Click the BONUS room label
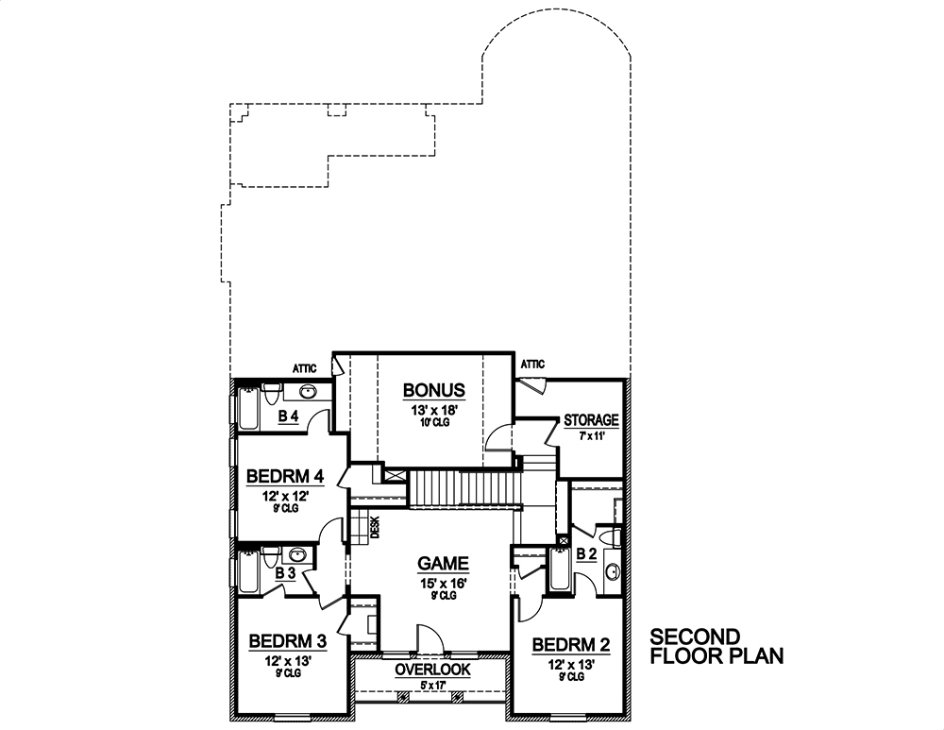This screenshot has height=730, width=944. coord(433,390)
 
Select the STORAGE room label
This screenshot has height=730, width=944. coord(591,420)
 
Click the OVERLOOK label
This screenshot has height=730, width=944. coord(432,670)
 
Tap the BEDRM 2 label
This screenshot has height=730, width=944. coord(571,645)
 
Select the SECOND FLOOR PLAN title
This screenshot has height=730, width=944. coord(717,645)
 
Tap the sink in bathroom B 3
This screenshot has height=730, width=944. coord(297,555)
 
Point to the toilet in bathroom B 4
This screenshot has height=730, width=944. coord(271,391)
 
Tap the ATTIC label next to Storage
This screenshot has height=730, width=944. coord(532,364)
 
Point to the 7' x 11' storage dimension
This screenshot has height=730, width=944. coord(591,437)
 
